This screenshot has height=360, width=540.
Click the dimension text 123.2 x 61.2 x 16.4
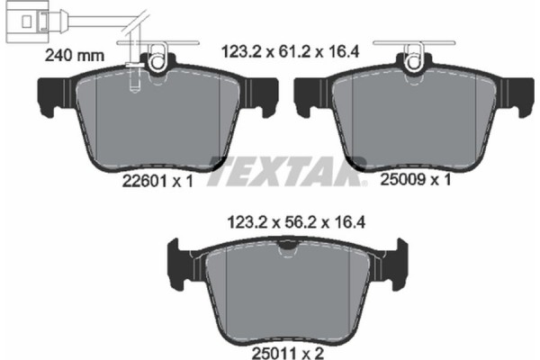click(291, 53)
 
